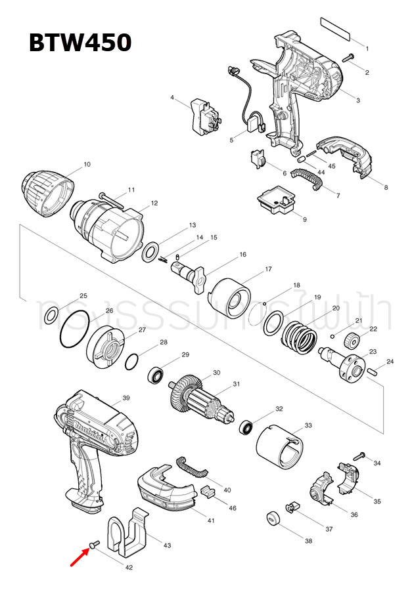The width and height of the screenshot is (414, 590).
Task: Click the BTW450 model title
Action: click(80, 43)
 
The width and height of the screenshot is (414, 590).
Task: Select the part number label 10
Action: click(87, 164)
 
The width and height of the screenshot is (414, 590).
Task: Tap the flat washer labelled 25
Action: click(50, 319)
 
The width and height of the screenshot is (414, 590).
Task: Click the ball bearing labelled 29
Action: click(157, 375)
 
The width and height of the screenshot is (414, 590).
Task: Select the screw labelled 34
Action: click(359, 455)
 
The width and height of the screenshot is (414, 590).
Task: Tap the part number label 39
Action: click(126, 398)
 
